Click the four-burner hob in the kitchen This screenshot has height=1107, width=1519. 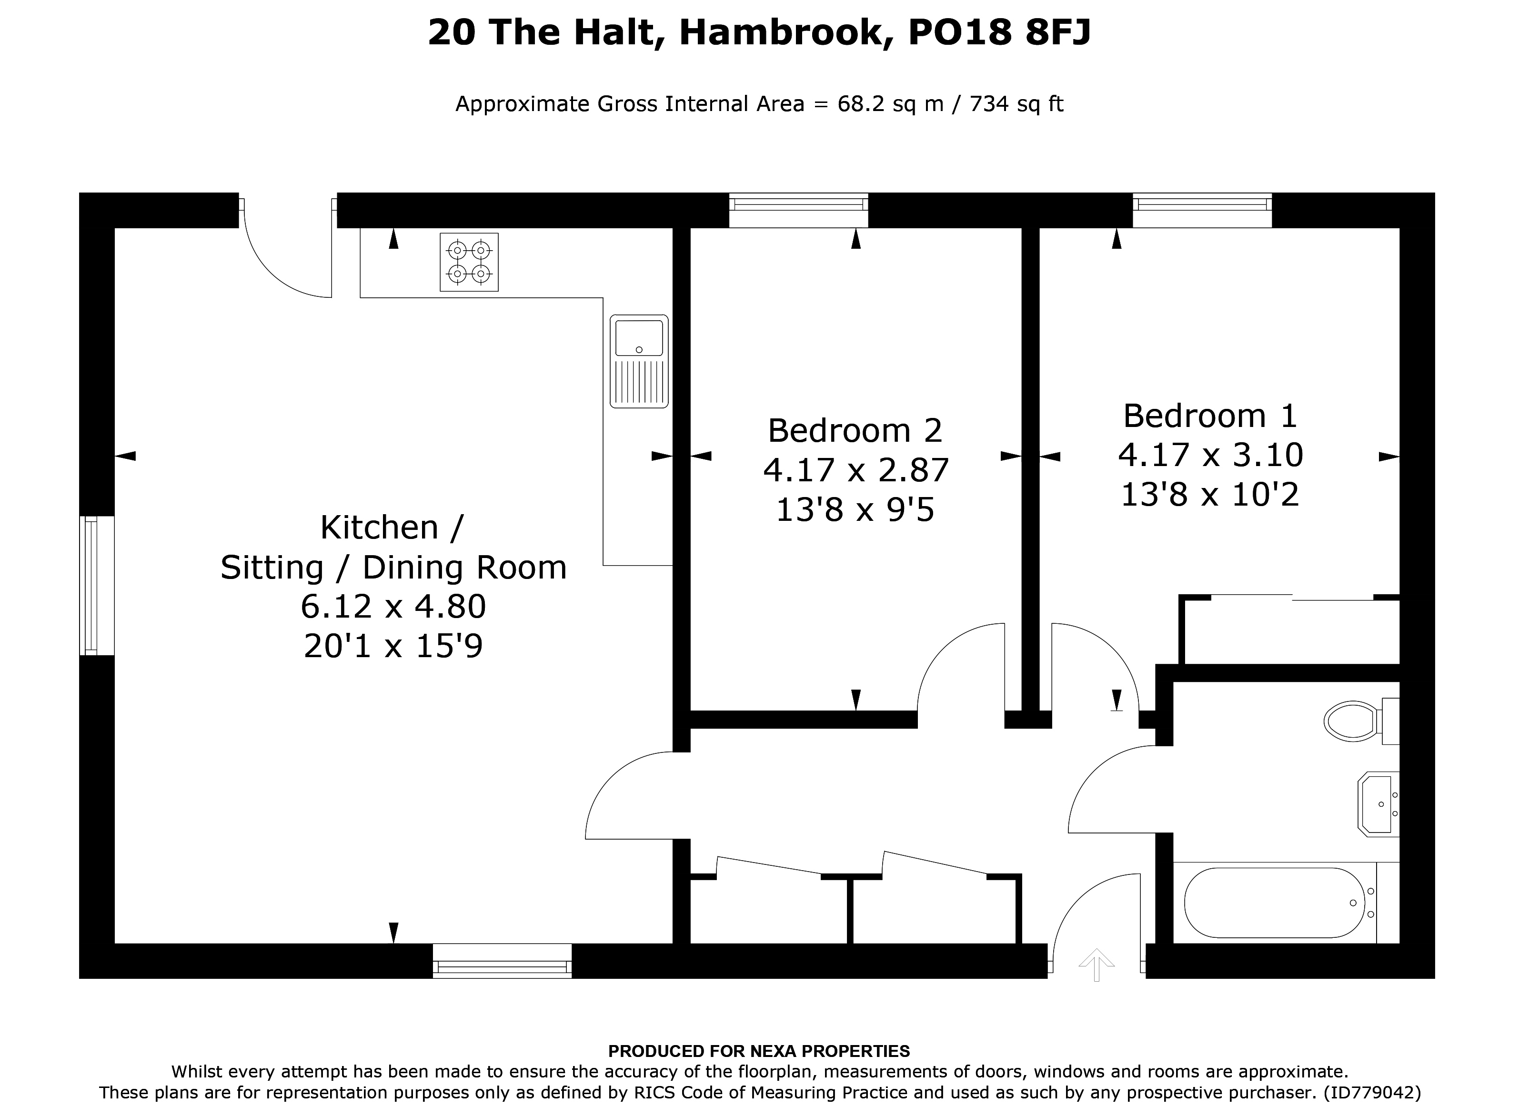pos(469,262)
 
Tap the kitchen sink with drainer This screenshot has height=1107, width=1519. pos(639,361)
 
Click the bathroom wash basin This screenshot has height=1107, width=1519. pos(1378,804)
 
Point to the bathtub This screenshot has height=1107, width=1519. pos(1275,903)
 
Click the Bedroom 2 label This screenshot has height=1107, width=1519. pos(855,430)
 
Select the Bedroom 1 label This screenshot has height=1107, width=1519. pos(1210,416)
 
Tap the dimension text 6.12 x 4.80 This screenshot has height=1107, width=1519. pos(393,607)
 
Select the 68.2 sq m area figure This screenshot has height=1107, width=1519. pos(891,104)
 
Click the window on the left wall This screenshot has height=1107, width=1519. pos(97,585)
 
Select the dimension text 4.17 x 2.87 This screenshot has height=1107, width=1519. pos(856,470)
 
